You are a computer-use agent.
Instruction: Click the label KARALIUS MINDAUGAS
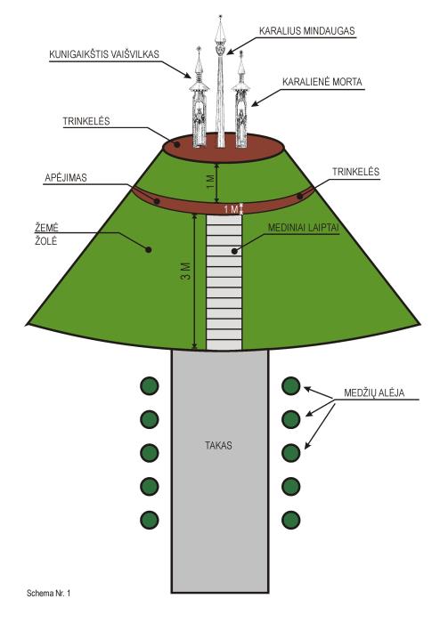pos(307,31)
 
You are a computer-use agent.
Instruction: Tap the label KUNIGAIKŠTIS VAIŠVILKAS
pos(104,54)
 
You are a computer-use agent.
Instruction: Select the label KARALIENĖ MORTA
pos(322,82)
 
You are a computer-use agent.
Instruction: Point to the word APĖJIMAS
pos(66,178)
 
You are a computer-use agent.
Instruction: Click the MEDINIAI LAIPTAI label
pos(303,228)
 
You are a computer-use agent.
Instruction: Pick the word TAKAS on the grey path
pos(218,445)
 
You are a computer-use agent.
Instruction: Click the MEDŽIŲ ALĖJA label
pos(374,392)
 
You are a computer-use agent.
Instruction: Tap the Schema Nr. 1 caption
pos(48,594)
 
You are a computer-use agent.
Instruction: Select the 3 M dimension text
pos(185,271)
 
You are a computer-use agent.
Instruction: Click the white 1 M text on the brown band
pos(231,209)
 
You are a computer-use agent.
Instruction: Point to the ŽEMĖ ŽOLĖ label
pos(45,234)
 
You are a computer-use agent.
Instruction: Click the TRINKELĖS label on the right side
pos(355,172)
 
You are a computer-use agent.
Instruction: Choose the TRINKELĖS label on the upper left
pos(86,121)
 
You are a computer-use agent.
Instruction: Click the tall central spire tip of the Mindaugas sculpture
pos(220,16)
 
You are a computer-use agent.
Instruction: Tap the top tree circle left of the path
pos(150,385)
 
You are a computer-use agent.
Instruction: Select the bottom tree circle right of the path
pos(290,520)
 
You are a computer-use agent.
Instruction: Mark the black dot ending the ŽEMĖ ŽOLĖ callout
pos(148,249)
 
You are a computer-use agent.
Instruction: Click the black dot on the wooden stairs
pos(234,251)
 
